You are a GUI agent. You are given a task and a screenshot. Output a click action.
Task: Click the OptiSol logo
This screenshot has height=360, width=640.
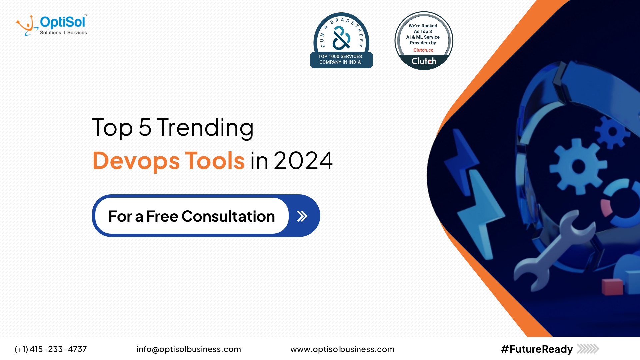[52, 25]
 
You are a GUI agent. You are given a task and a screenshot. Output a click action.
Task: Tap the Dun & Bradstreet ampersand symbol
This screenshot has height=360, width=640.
[341, 38]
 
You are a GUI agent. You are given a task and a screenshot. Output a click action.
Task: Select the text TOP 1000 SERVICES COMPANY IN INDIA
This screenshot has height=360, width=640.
[340, 59]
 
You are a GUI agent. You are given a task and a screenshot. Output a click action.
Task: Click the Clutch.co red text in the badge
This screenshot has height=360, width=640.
[423, 50]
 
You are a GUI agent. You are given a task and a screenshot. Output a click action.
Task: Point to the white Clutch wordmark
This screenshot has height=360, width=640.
[424, 61]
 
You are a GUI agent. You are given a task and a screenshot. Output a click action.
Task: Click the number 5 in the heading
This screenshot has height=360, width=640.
[145, 127]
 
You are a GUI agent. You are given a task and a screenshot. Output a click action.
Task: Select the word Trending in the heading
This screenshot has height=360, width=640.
[205, 128]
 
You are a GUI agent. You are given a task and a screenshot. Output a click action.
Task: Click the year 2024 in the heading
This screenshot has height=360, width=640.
[303, 161]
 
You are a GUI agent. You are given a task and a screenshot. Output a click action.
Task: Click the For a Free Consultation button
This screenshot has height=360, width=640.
[206, 216]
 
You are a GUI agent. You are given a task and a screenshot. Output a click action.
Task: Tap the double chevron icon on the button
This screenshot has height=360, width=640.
[302, 216]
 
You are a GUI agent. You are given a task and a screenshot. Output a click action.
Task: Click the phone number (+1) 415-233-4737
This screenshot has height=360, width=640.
[51, 349]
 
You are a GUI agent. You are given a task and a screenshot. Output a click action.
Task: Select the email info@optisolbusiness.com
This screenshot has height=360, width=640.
[189, 349]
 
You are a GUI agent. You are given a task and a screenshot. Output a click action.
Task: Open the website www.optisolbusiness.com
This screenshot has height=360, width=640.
[342, 349]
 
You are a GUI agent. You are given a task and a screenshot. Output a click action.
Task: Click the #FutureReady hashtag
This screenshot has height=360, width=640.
[537, 349]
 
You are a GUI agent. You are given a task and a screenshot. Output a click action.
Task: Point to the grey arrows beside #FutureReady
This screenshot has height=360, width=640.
[588, 349]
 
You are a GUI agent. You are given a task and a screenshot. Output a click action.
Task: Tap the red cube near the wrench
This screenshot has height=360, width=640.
[612, 287]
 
